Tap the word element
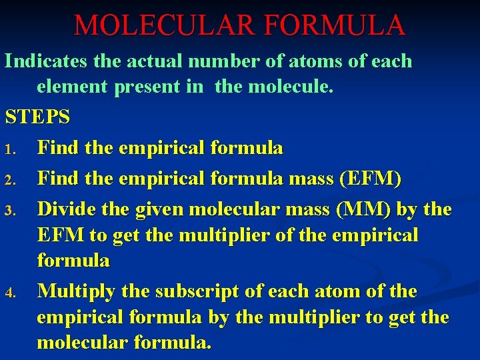tap(73, 87)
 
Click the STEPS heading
tap(37, 117)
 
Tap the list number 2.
tap(9, 180)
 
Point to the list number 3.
tap(9, 211)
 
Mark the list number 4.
tap(9, 293)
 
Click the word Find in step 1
tap(57, 147)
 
